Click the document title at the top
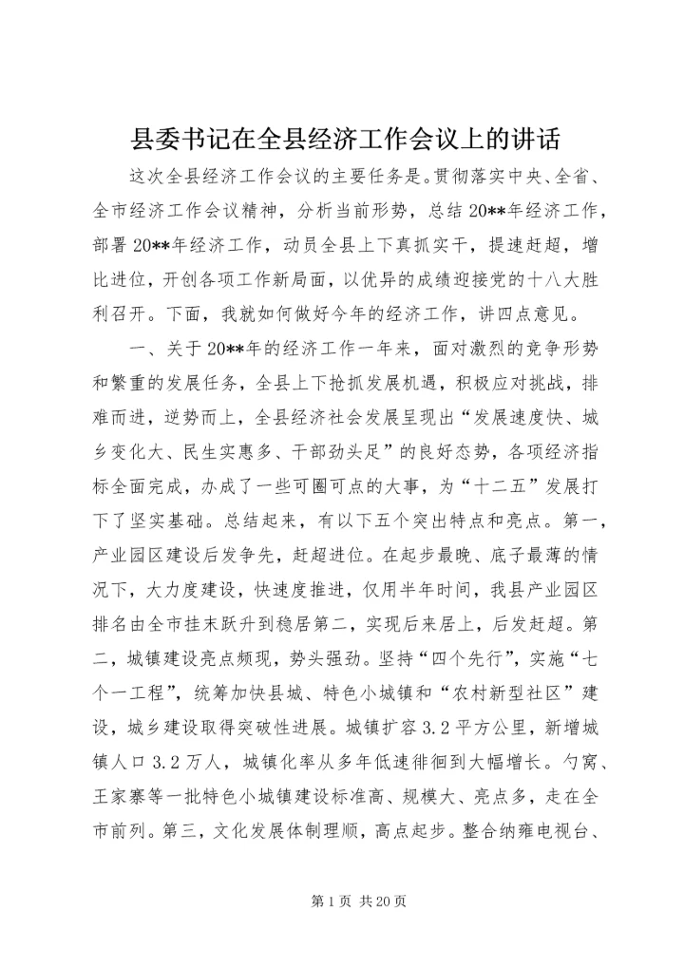(342, 141)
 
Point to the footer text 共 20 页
(380, 901)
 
